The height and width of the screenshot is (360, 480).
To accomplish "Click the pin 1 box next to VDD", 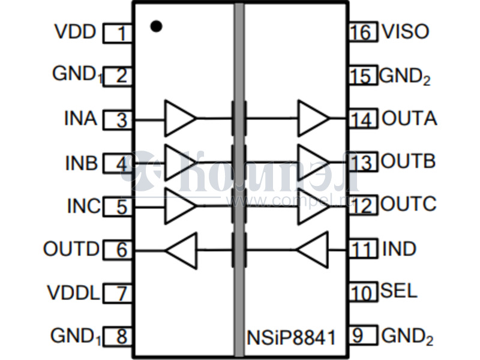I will pyautogui.click(x=118, y=33).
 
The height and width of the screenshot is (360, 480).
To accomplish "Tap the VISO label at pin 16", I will pyautogui.click(x=406, y=31).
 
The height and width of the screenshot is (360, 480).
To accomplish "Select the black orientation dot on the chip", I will pyautogui.click(x=156, y=26).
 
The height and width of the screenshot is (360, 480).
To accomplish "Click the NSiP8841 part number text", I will pyautogui.click(x=290, y=336).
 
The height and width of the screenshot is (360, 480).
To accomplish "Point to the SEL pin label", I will pyautogui.click(x=398, y=292).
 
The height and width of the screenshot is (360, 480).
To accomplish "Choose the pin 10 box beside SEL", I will pyautogui.click(x=362, y=293).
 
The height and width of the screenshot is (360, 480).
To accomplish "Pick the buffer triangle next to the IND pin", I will pyautogui.click(x=314, y=249).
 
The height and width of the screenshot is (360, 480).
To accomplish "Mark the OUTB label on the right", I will pyautogui.click(x=409, y=161).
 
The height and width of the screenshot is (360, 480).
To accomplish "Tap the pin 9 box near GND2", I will pyautogui.click(x=362, y=335).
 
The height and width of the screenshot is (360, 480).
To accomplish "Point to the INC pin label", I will pyautogui.click(x=83, y=206).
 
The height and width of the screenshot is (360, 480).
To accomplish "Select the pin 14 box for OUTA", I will pyautogui.click(x=362, y=119).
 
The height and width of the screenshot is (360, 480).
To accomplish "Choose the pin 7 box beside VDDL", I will pyautogui.click(x=118, y=293).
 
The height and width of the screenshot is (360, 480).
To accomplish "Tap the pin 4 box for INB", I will pyautogui.click(x=118, y=163).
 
